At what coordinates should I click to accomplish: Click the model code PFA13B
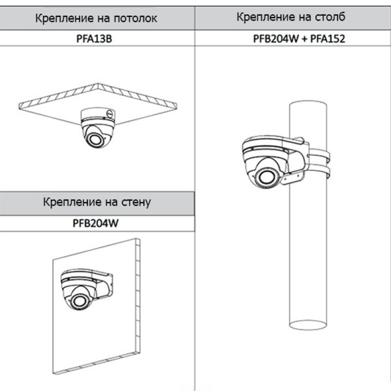(94, 39)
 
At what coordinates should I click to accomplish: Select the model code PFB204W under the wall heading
(95, 223)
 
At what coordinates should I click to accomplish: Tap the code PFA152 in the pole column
(327, 39)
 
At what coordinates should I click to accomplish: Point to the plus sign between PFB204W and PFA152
(304, 39)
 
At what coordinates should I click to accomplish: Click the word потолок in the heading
(135, 18)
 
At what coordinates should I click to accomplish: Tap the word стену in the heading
(136, 202)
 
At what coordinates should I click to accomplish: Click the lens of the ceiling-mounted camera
(95, 139)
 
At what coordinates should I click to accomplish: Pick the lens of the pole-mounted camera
(266, 177)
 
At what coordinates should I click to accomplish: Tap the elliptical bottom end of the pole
(308, 325)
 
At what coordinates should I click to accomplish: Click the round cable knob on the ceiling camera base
(110, 114)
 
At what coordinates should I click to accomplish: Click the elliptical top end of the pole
(308, 105)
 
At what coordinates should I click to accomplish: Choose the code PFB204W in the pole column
(276, 39)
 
